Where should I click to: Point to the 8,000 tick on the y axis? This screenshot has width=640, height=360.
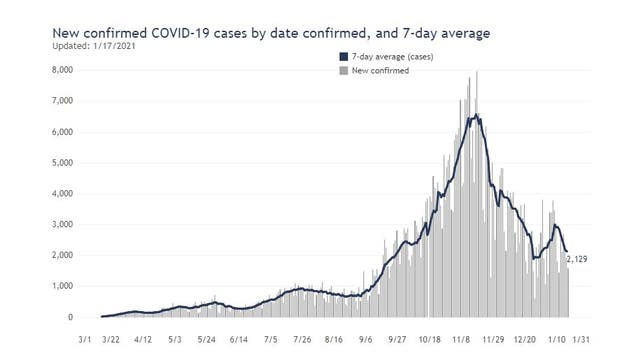(x=60, y=70)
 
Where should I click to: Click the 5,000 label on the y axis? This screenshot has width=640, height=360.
(x=60, y=163)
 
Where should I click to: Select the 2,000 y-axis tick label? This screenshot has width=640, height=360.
(x=60, y=255)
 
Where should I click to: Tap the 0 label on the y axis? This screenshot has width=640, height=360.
(x=68, y=317)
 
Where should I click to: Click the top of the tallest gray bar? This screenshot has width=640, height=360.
(x=476, y=72)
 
